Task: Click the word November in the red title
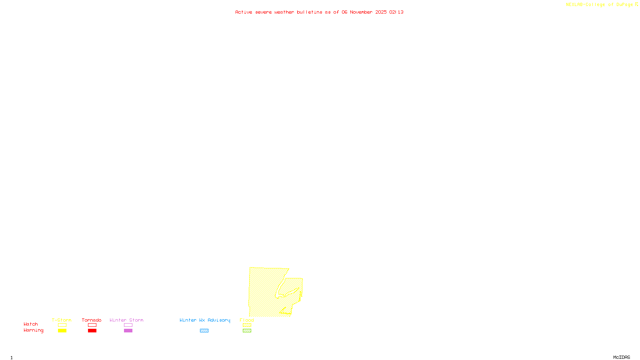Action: click(361, 12)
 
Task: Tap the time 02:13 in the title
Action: click(396, 12)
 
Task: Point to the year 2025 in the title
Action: click(381, 12)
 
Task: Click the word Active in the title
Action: click(244, 12)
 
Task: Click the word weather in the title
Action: click(284, 12)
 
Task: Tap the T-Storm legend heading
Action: click(62, 320)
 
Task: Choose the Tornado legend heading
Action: click(92, 320)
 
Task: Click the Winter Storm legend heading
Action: click(126, 320)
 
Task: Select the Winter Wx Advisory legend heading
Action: click(205, 320)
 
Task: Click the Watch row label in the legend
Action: click(31, 324)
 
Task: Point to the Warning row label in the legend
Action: click(33, 330)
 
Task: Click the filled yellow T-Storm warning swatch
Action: click(62, 331)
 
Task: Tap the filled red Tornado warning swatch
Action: click(92, 331)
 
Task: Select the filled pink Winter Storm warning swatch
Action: click(128, 331)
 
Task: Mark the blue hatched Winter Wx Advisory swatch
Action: click(204, 331)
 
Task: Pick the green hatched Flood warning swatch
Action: click(247, 331)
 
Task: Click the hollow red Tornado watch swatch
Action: click(92, 325)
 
